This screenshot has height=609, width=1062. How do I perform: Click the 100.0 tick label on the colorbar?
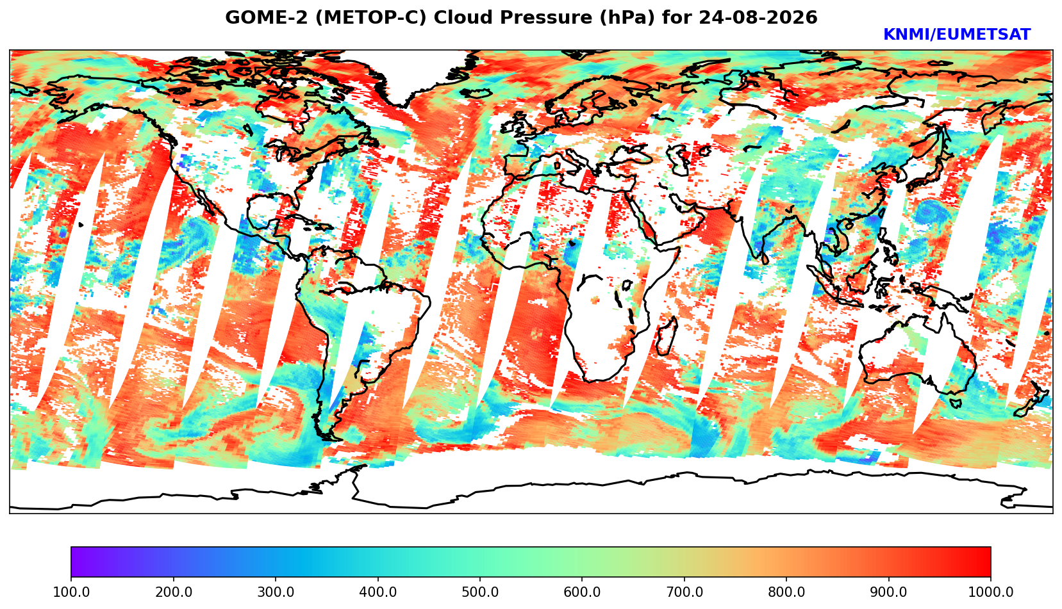[71, 592]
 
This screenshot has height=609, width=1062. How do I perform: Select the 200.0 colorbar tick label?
[174, 592]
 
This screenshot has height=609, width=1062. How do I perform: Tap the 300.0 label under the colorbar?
[276, 592]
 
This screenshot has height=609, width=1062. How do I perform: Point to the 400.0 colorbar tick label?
[378, 592]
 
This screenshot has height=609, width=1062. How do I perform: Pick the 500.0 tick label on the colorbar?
[480, 592]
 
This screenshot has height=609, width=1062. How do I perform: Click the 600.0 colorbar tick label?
[582, 592]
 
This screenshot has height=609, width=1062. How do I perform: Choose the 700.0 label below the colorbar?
[684, 592]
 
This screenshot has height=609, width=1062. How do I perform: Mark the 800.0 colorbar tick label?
[786, 592]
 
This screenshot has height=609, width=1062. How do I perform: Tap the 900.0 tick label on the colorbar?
[888, 592]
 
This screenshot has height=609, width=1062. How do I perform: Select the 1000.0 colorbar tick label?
[991, 592]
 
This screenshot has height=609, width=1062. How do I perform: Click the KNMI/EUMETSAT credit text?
[957, 35]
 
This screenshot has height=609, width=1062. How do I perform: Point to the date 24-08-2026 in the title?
[758, 17]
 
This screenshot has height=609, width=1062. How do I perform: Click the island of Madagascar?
[667, 336]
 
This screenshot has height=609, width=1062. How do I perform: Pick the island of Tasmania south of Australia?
[956, 403]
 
